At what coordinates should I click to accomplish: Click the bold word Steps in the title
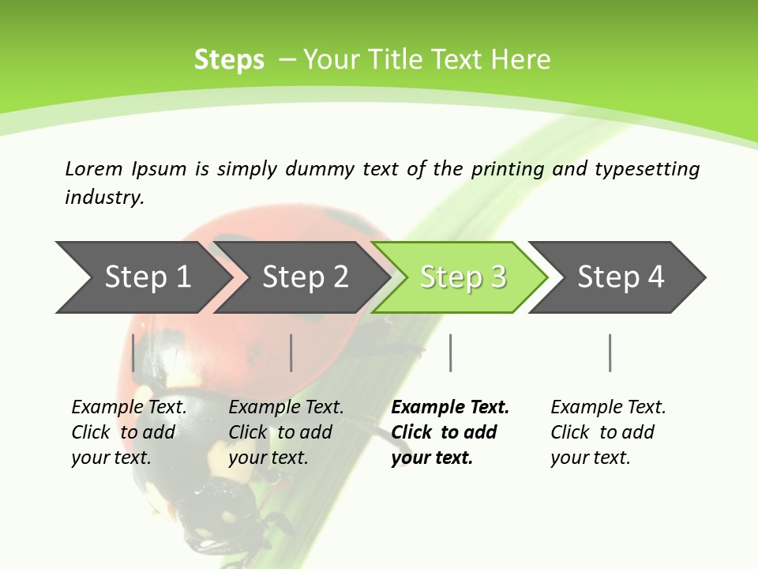[229, 60]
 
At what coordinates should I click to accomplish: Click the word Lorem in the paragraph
[94, 168]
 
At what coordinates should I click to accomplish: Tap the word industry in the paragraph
[104, 198]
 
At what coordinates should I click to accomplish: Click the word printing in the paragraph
[508, 169]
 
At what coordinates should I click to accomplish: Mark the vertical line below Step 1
[133, 352]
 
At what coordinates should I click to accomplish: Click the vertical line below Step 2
[291, 352]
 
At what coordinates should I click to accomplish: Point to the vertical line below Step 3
[450, 352]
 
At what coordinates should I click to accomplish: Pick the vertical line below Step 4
[610, 352]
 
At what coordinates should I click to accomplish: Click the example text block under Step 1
[128, 432]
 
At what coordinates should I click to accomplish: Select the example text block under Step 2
[285, 432]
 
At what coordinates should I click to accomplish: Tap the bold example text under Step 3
[449, 432]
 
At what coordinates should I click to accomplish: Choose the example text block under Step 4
[607, 432]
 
